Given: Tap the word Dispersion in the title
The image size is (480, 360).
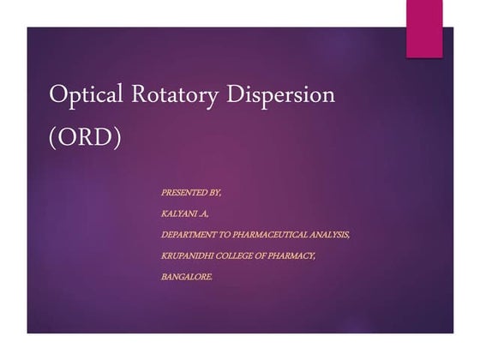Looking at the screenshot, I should (286, 95).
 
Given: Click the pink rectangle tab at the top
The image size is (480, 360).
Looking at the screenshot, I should (423, 28).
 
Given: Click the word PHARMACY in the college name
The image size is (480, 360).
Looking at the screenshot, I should (297, 255).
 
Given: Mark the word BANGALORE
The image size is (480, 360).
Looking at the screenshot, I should (187, 277).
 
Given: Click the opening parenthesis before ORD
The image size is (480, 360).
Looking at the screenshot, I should (55, 137).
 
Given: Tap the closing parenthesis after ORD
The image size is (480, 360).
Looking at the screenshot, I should (117, 137).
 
